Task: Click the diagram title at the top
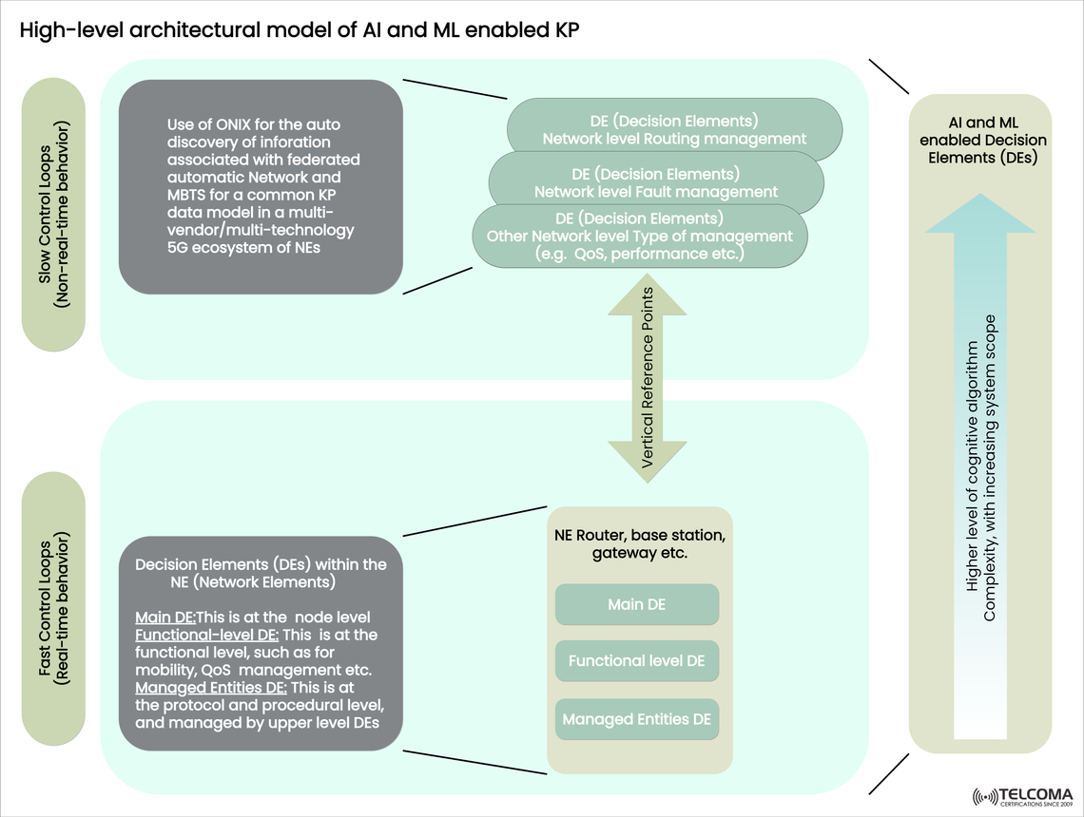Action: [x=300, y=30]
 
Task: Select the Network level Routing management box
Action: [x=674, y=129]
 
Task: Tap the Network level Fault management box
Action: [x=655, y=182]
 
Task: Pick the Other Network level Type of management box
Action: [x=639, y=237]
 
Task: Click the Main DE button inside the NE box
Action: [x=636, y=605]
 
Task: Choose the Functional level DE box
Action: [x=636, y=660]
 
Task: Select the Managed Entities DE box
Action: [x=636, y=719]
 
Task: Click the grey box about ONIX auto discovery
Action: [x=261, y=186]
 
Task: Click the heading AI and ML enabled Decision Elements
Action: [x=982, y=141]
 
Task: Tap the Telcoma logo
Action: [x=1022, y=796]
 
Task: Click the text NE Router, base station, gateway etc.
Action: [x=639, y=543]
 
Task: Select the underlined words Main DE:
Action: [x=165, y=617]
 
